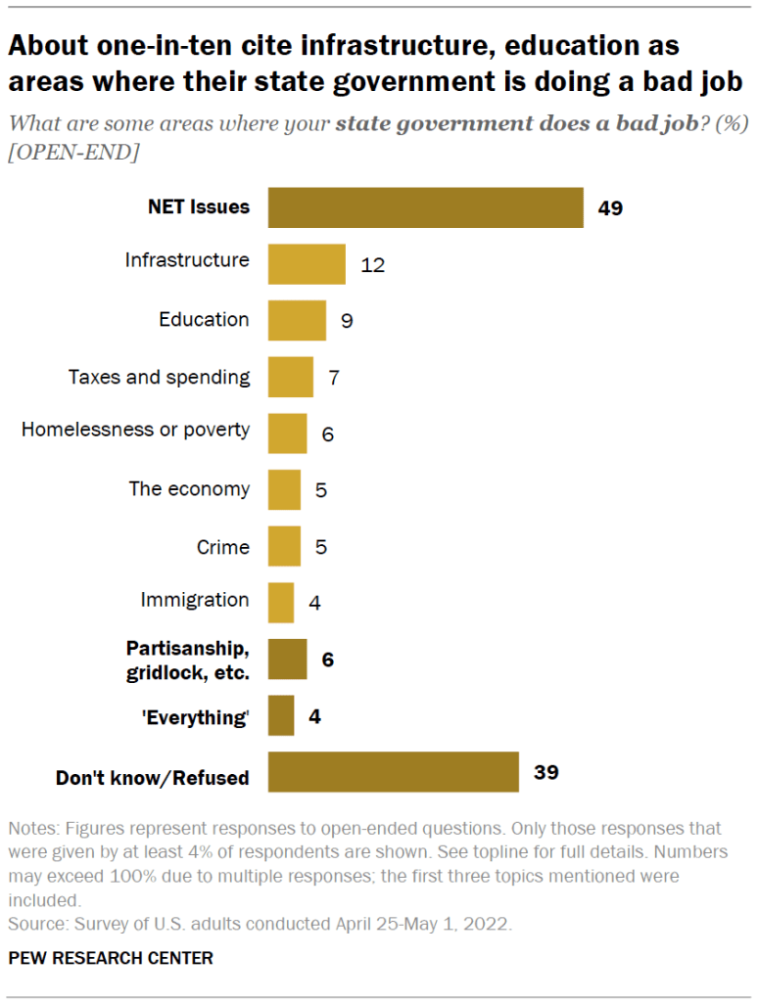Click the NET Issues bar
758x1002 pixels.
tap(425, 207)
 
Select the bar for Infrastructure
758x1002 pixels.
tap(307, 264)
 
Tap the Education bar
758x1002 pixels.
tap(297, 320)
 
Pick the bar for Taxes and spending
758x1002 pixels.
tap(290, 377)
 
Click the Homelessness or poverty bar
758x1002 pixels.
tap(287, 433)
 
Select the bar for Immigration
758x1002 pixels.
tap(281, 603)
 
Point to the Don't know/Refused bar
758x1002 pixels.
tap(393, 772)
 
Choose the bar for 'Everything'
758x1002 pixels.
tap(281, 715)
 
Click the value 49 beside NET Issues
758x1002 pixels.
tap(610, 208)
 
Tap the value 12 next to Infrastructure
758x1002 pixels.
tap(373, 265)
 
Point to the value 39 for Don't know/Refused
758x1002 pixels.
tap(545, 772)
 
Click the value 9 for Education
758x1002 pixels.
tap(347, 321)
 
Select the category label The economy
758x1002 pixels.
tap(189, 489)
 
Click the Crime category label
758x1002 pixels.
tap(223, 546)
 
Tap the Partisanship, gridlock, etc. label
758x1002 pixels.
tap(188, 660)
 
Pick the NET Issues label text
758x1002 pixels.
tap(199, 207)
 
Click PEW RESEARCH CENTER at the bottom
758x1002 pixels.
tap(111, 958)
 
